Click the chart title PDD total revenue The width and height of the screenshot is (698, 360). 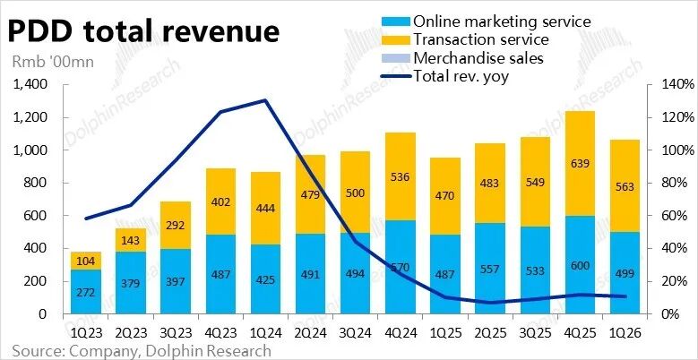pyautogui.click(x=143, y=31)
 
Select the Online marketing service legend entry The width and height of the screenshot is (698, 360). pyautogui.click(x=487, y=21)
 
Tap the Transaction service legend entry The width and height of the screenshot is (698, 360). pyautogui.click(x=465, y=39)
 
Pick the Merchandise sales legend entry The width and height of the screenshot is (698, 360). pyautogui.click(x=462, y=58)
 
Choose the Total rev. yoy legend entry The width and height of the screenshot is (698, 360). pyautogui.click(x=445, y=76)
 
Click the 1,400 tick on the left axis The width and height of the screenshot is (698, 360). pyautogui.click(x=30, y=84)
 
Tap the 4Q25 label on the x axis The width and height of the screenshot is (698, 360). pyautogui.click(x=580, y=333)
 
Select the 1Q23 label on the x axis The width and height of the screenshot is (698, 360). pyautogui.click(x=86, y=333)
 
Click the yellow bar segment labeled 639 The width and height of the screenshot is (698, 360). pyautogui.click(x=580, y=164)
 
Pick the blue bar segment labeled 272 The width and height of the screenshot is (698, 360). pyautogui.click(x=86, y=291)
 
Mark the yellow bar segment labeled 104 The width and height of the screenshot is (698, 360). pyautogui.click(x=86, y=261)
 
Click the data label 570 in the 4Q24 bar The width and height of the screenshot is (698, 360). pyautogui.click(x=400, y=268)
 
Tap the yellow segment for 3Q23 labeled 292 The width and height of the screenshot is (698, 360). pyautogui.click(x=176, y=225)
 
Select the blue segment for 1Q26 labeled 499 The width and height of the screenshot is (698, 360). pyautogui.click(x=625, y=273)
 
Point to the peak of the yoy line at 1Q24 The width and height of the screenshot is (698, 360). pyautogui.click(x=265, y=100)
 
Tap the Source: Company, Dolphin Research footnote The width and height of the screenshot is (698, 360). pyautogui.click(x=141, y=350)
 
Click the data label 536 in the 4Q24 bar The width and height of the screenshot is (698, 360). pyautogui.click(x=400, y=176)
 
